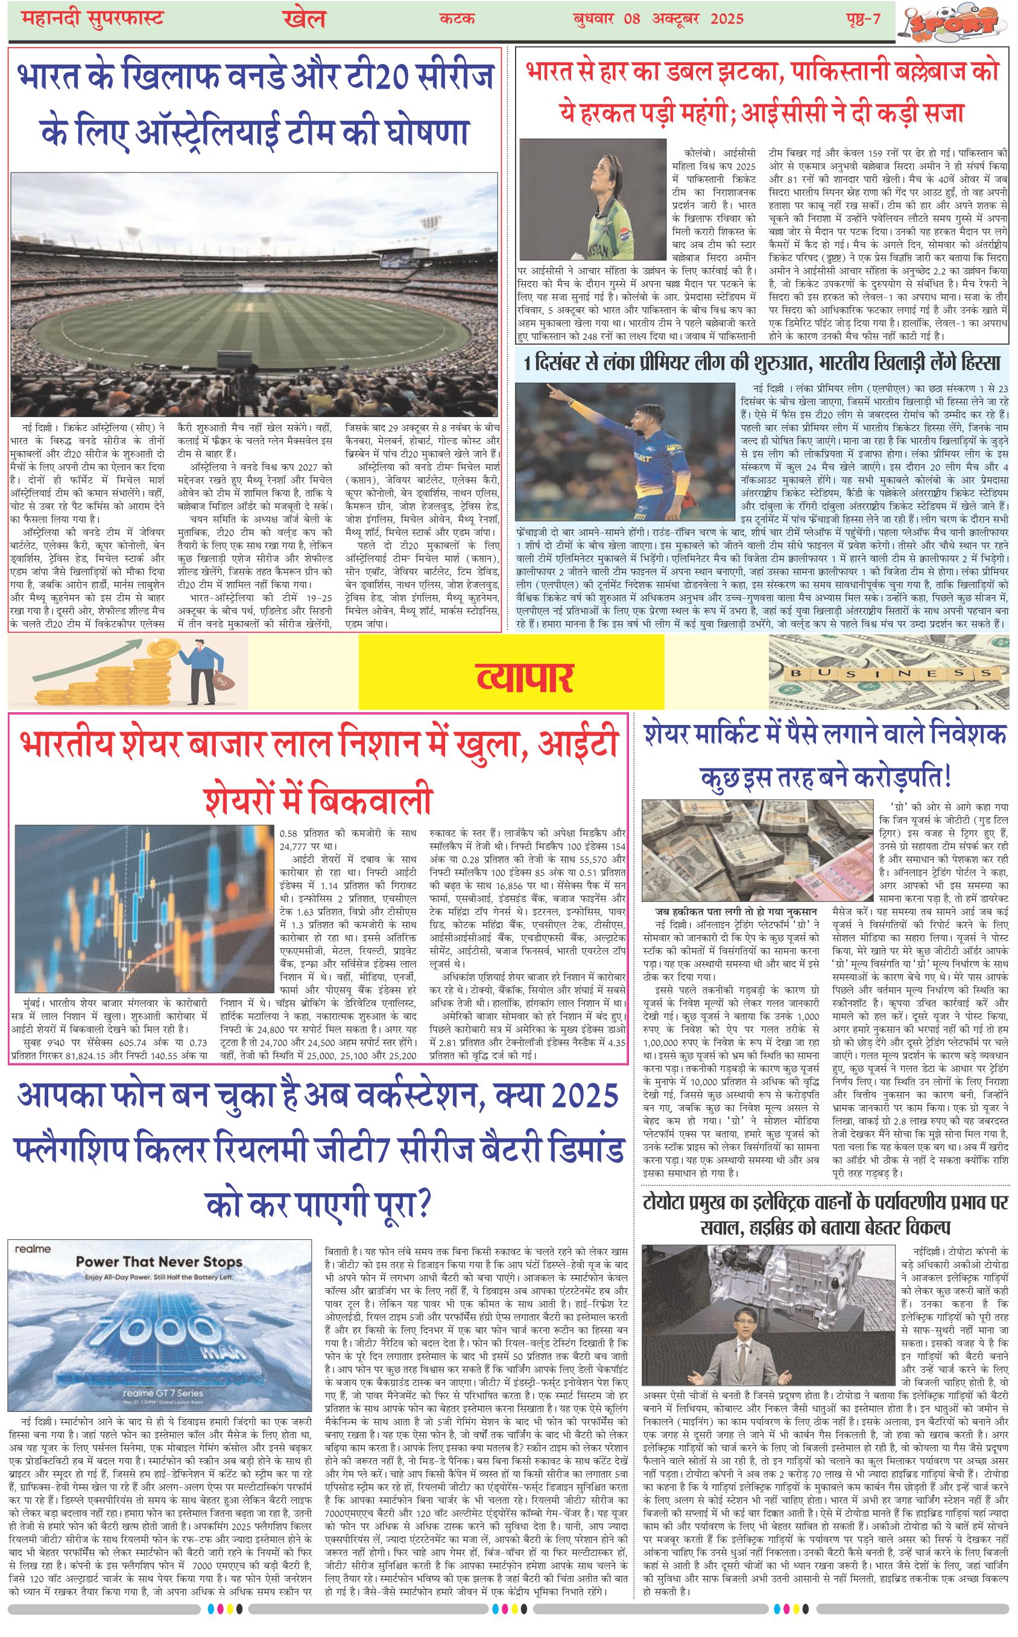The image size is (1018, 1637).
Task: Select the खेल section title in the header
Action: point(302,19)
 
